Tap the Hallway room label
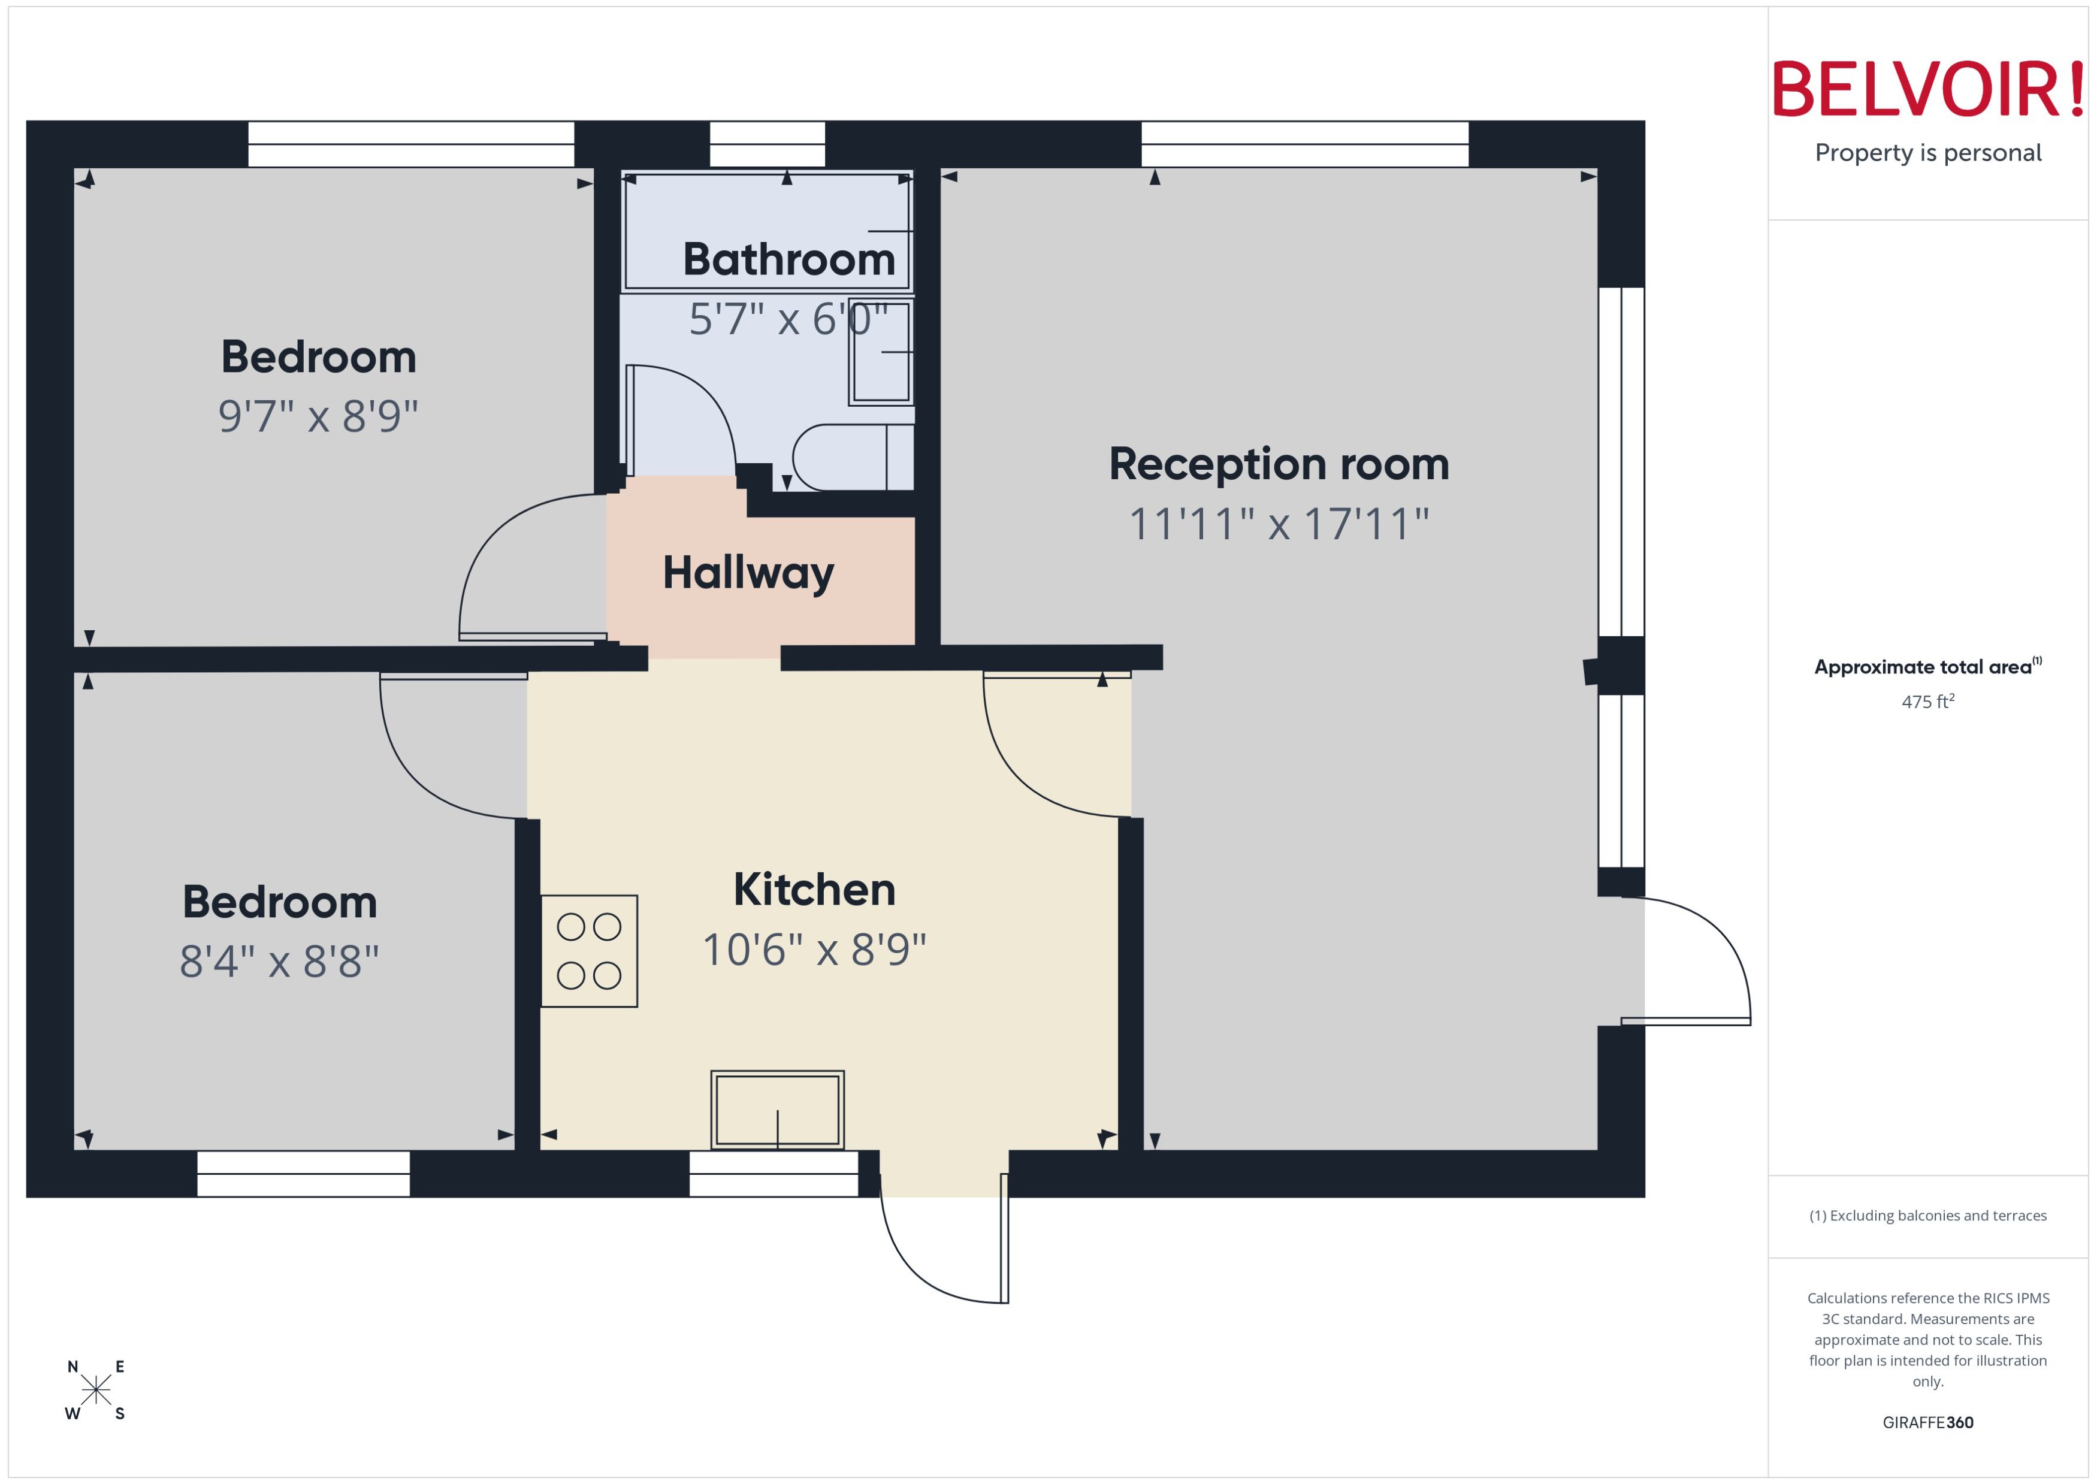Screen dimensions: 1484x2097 (747, 573)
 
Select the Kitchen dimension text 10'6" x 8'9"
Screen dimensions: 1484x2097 (813, 950)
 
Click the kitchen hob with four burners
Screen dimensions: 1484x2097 (588, 950)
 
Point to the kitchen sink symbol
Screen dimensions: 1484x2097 (776, 1110)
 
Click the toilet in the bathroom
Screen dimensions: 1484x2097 (850, 457)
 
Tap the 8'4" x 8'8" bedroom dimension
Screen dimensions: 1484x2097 (279, 962)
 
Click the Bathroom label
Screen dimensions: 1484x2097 (788, 259)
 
